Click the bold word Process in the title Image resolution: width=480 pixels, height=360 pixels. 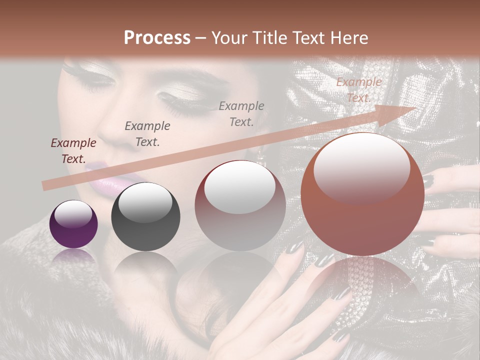click(157, 37)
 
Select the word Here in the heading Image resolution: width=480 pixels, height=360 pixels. click(349, 37)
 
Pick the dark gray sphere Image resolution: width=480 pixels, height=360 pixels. click(145, 217)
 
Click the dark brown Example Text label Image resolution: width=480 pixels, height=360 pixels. click(73, 151)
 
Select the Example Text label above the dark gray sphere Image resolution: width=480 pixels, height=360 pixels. click(147, 134)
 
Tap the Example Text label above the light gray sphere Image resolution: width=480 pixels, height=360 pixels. click(241, 113)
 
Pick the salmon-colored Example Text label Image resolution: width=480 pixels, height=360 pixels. click(359, 90)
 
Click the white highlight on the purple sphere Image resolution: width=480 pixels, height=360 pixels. click(73, 213)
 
